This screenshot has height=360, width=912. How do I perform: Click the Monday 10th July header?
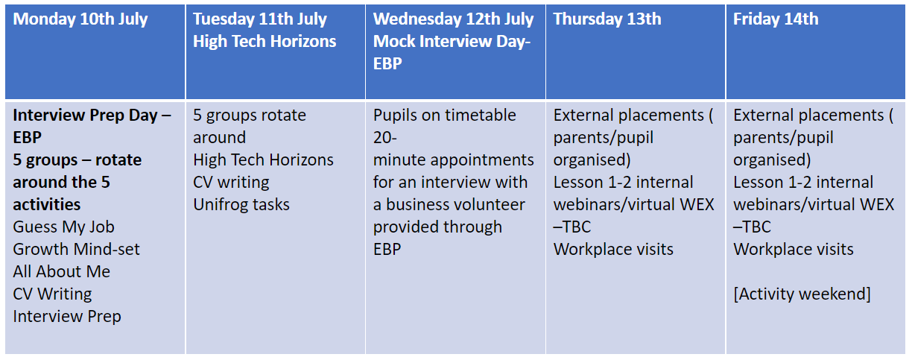click(80, 19)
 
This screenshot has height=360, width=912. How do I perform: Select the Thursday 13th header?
click(607, 19)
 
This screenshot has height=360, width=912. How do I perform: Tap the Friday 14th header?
click(776, 19)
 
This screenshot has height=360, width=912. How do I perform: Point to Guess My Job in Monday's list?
click(63, 227)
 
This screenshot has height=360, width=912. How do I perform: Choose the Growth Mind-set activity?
click(76, 249)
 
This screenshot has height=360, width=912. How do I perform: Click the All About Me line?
click(62, 271)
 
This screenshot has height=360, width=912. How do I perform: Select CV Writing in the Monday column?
click(52, 294)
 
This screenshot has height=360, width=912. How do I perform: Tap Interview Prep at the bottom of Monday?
click(67, 317)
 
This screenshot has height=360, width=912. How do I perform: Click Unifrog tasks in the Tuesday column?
click(241, 204)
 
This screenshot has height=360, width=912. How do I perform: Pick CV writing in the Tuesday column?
click(231, 183)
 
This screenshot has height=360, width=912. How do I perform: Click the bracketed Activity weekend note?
click(802, 294)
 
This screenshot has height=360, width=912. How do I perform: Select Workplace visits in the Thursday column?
click(613, 249)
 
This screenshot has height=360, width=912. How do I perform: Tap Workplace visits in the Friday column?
click(793, 249)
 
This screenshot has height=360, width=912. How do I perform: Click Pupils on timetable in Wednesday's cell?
click(445, 116)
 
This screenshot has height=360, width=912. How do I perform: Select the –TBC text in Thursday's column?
click(571, 227)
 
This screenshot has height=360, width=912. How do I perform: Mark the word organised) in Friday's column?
click(772, 160)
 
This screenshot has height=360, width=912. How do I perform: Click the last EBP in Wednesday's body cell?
click(387, 249)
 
